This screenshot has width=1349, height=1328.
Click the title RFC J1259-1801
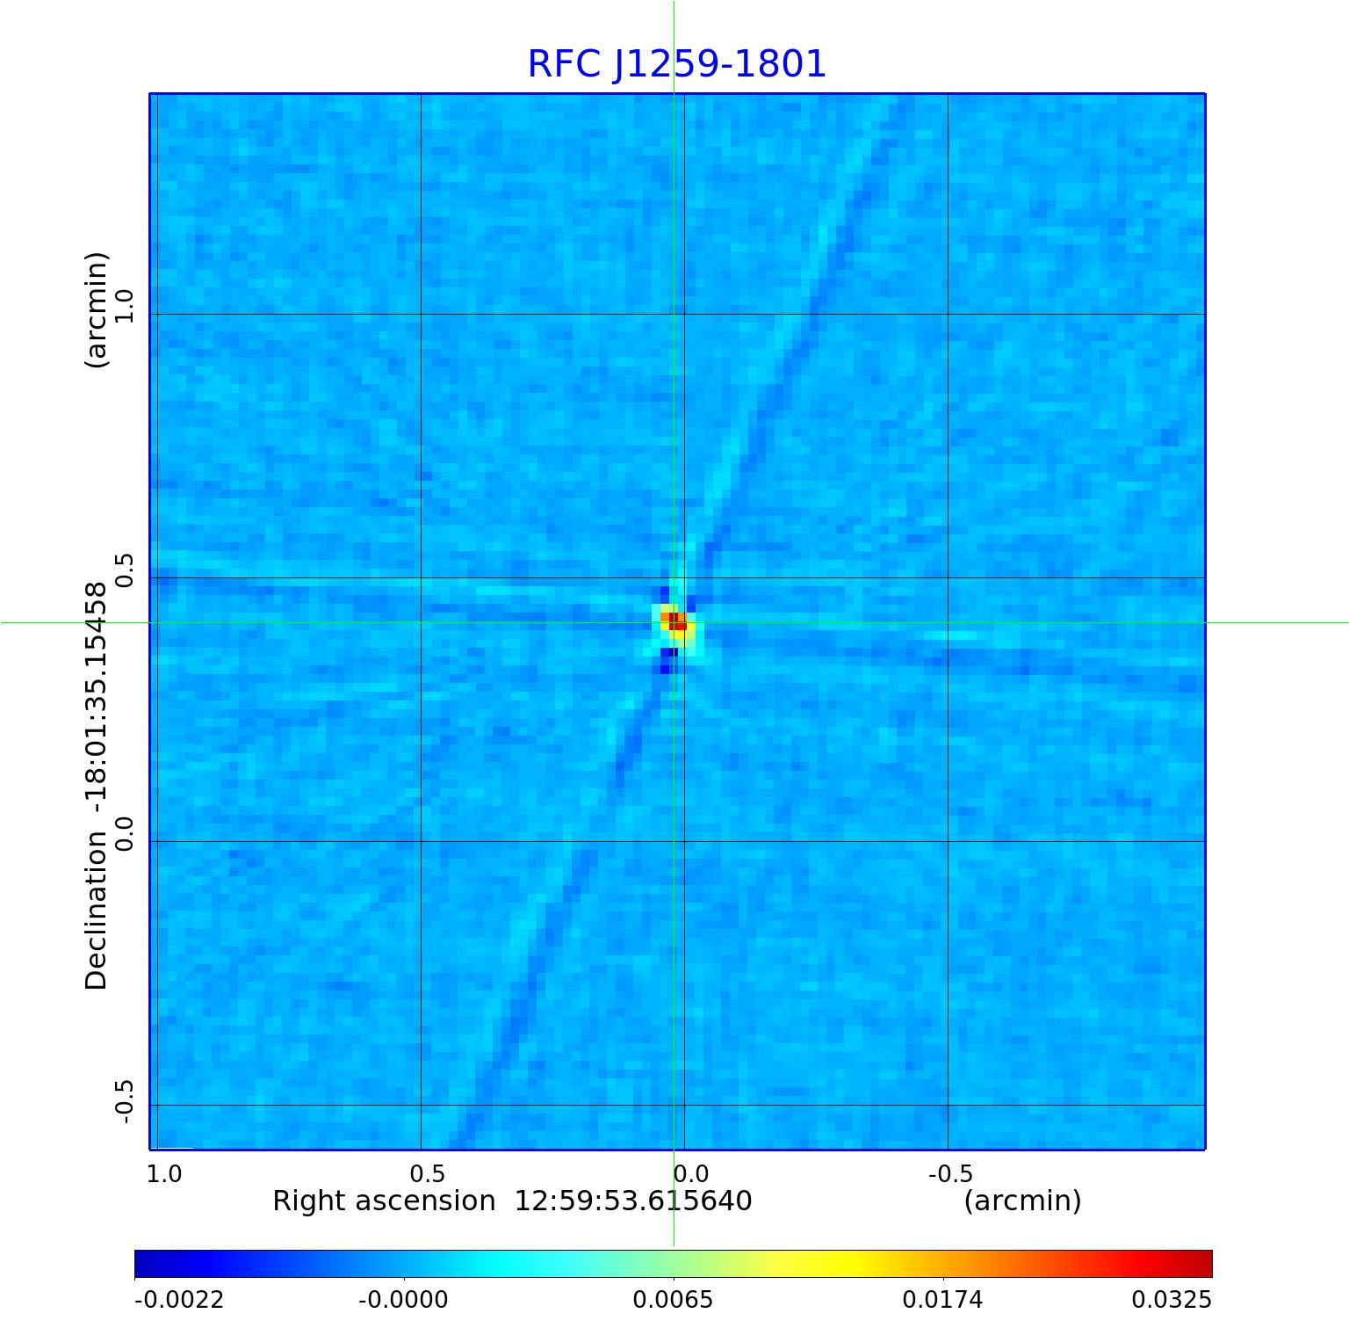[676, 64]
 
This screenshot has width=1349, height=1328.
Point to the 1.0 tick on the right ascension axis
[164, 1173]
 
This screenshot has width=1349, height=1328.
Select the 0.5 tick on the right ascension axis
[428, 1173]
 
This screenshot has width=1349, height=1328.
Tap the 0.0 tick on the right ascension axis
[690, 1173]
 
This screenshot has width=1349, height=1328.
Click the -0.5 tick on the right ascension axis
[950, 1173]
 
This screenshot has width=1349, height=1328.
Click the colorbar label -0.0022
[179, 1299]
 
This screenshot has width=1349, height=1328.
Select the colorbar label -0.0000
[403, 1299]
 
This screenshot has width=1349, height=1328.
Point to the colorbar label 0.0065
[674, 1299]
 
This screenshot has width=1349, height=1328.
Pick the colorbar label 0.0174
[943, 1299]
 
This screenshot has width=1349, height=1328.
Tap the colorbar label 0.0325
[1171, 1299]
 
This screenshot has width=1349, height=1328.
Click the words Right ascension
[384, 1201]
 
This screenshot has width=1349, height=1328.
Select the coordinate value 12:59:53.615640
[632, 1201]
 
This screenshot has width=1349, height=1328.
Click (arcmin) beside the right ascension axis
[1022, 1201]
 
